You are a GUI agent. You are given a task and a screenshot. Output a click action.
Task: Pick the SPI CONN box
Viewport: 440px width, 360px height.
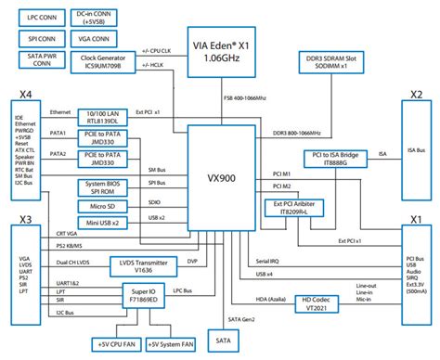click(39, 41)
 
